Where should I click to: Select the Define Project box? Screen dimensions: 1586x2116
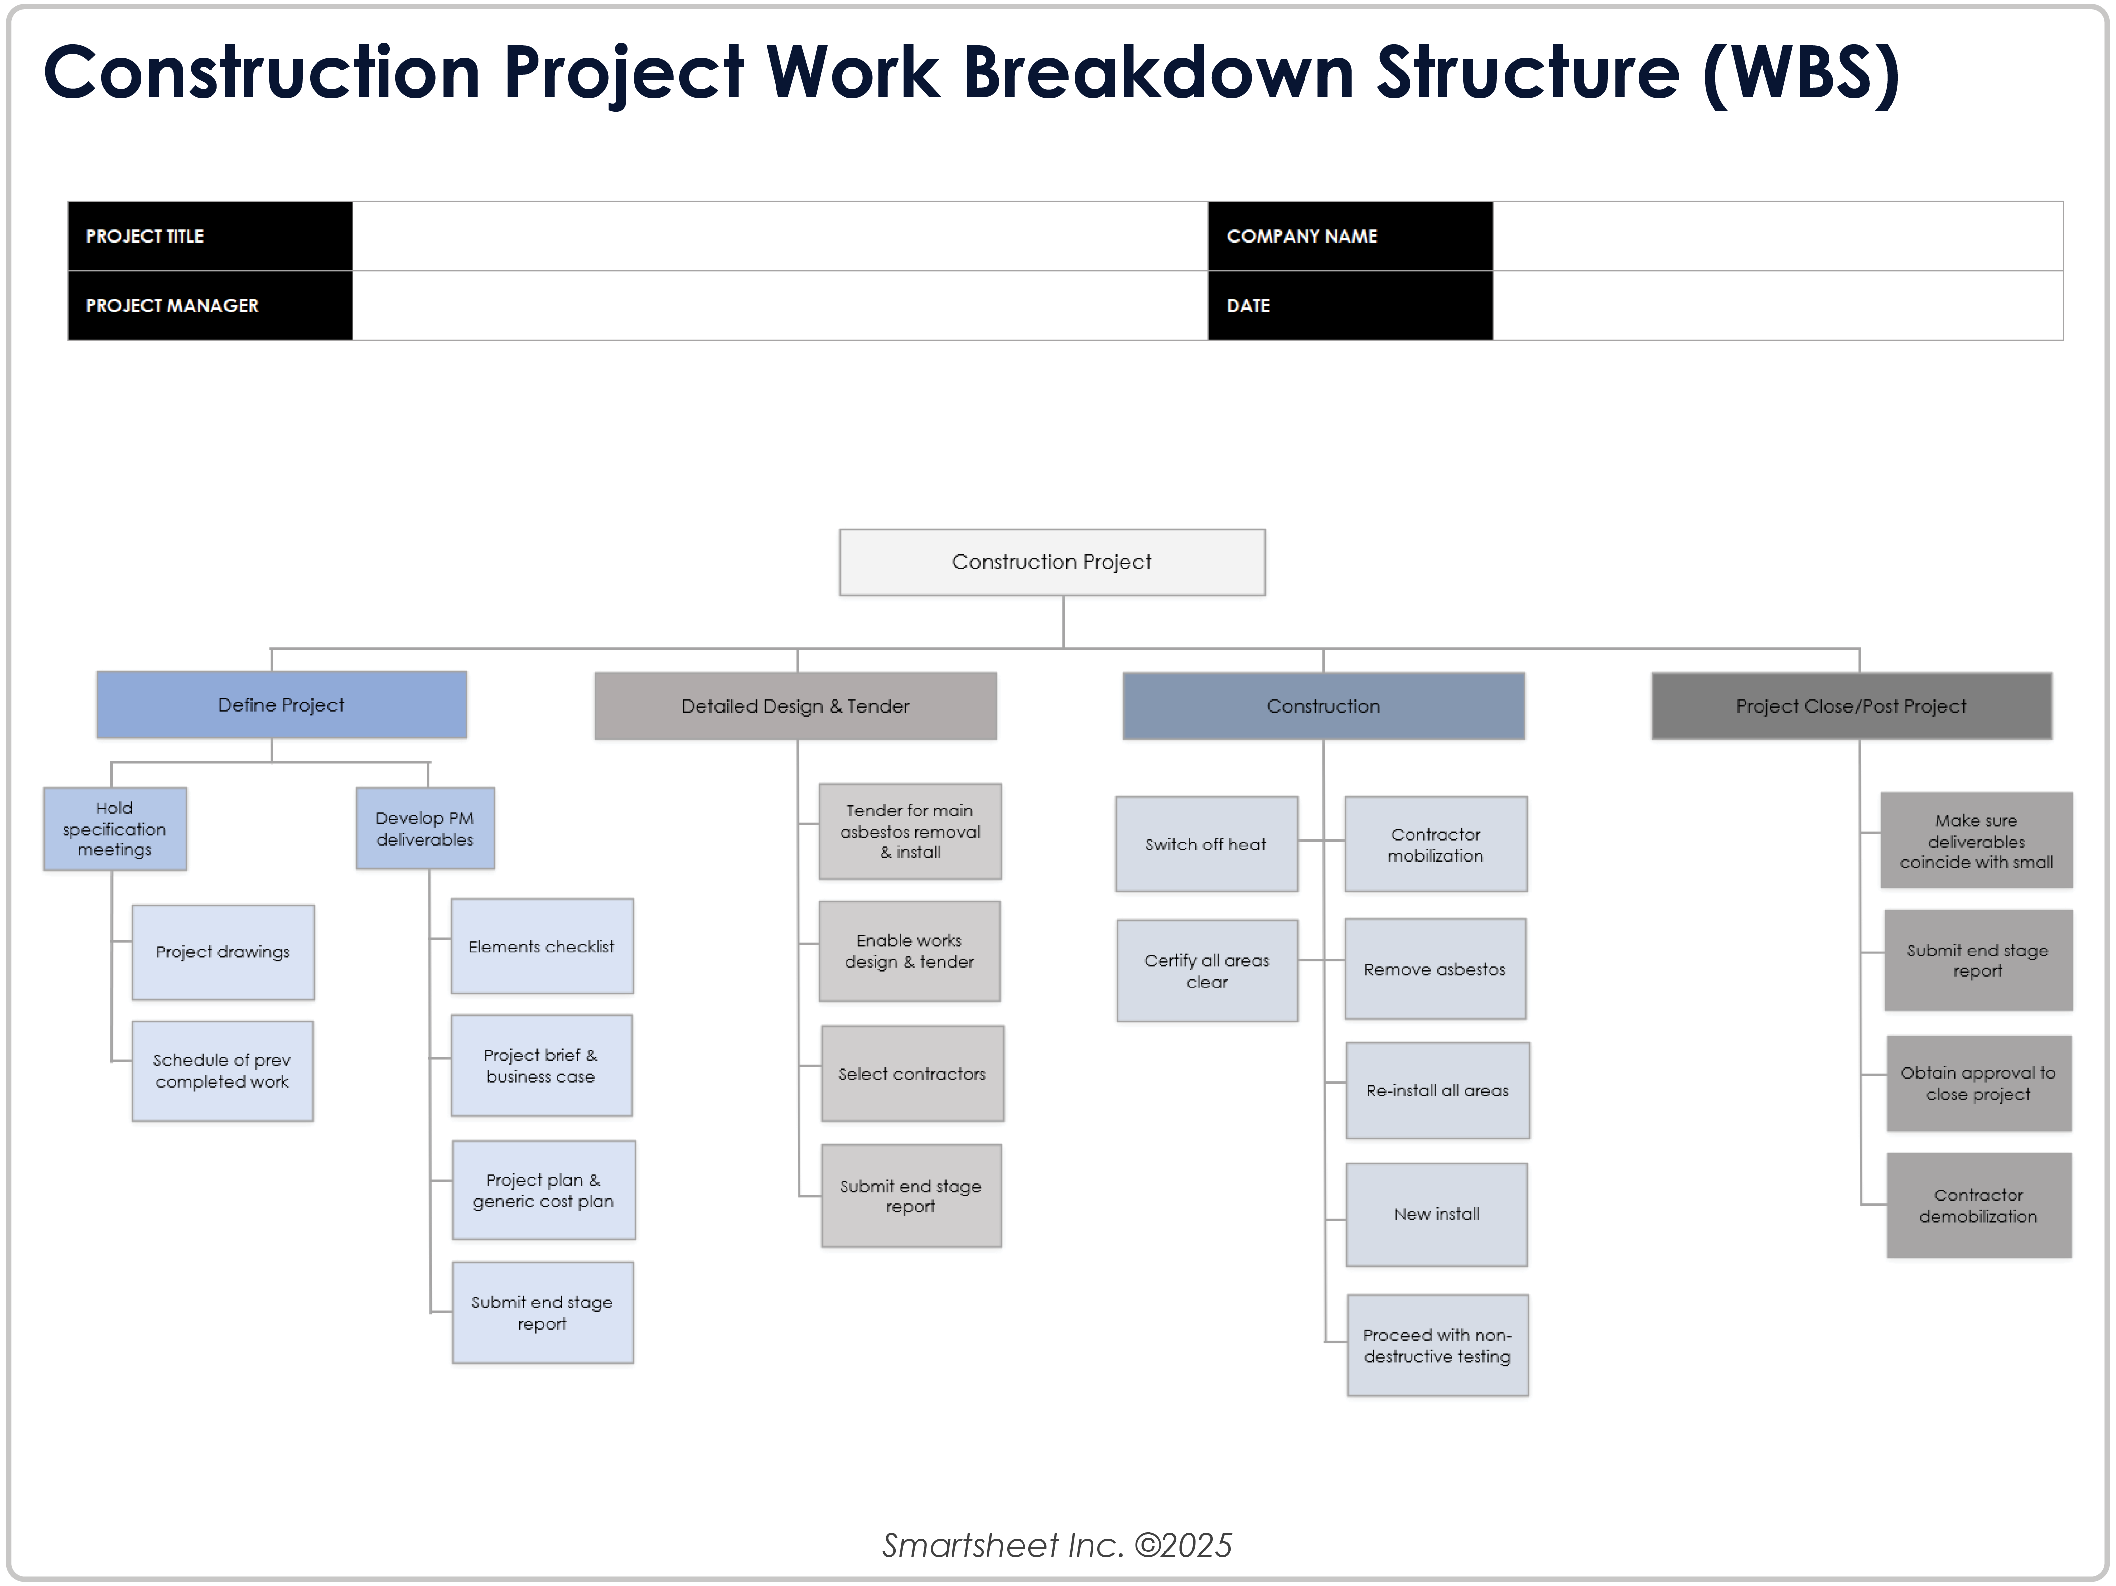click(281, 705)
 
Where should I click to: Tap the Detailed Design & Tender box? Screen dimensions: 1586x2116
click(795, 706)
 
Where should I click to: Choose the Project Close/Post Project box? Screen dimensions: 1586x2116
click(1851, 706)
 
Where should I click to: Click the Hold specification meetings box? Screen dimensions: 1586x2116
click(115, 828)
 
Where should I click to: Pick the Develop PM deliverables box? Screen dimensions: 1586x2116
click(425, 828)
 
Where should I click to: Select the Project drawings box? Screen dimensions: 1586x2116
click(223, 952)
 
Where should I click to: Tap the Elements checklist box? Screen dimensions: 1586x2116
click(541, 946)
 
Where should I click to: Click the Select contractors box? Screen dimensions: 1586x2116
click(912, 1074)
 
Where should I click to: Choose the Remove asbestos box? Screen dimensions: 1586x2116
click(1435, 969)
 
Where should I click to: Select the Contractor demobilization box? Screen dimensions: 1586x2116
click(1978, 1205)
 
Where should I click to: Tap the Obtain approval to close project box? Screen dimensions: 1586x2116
click(1978, 1084)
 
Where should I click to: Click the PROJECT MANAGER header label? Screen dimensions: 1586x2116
click(172, 305)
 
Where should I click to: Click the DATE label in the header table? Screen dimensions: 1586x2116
click(1248, 305)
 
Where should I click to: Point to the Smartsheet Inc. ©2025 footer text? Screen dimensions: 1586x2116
click(1057, 1545)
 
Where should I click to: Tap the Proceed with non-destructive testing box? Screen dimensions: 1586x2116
click(1437, 1345)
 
